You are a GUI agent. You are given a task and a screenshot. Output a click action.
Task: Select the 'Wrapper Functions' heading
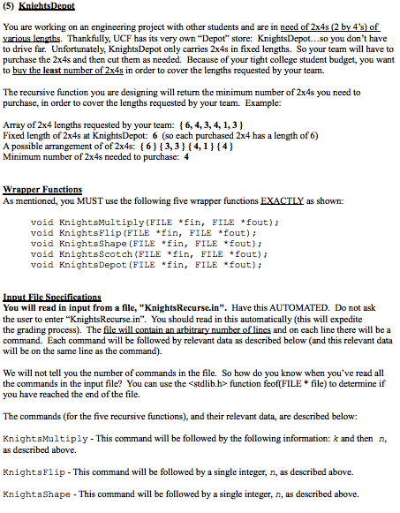pos(42,189)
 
